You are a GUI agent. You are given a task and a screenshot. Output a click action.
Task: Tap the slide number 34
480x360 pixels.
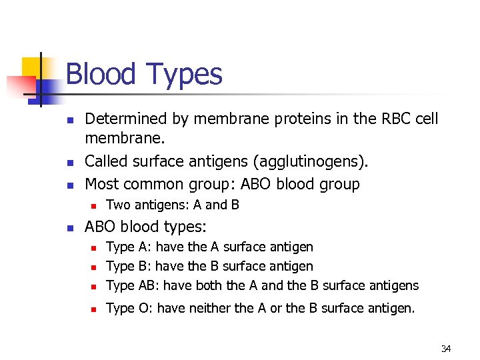tap(446, 349)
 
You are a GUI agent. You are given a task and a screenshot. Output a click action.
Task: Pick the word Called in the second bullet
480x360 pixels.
tap(105, 162)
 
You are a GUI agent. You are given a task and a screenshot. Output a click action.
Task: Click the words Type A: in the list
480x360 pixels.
tap(129, 247)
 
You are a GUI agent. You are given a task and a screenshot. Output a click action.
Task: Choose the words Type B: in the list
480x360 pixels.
tap(129, 267)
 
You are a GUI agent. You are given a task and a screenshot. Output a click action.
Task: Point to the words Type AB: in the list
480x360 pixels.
tap(133, 286)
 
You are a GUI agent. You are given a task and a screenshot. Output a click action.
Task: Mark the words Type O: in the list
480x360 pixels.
tap(129, 308)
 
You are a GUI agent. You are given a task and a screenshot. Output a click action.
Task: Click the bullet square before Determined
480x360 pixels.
tap(69, 121)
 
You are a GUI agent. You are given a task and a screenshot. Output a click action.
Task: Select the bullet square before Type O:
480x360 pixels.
tap(95, 309)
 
